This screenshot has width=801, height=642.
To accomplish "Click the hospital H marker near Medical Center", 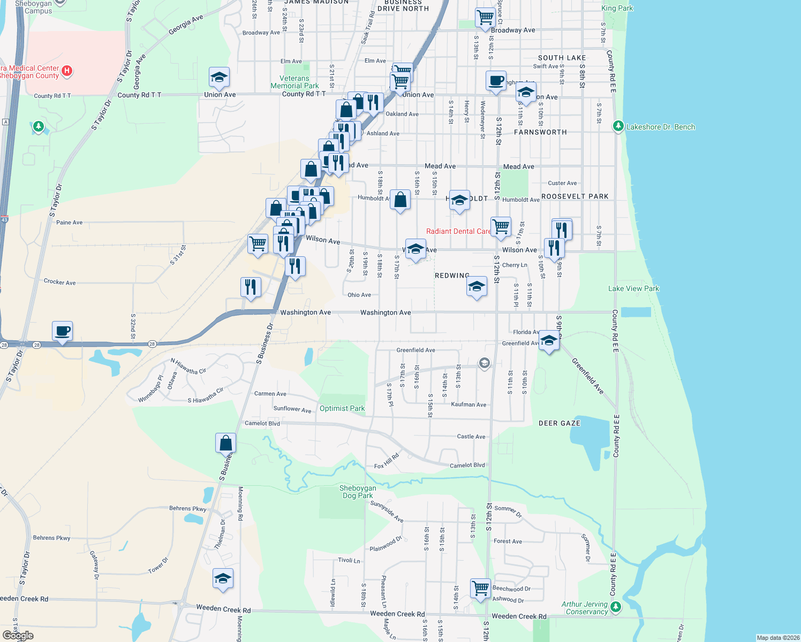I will pyautogui.click(x=67, y=71).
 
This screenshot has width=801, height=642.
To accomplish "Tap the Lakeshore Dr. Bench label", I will pyautogui.click(x=660, y=127).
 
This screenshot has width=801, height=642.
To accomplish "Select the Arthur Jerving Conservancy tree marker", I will pyautogui.click(x=616, y=607).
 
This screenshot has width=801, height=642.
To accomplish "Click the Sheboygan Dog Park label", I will pyautogui.click(x=358, y=492).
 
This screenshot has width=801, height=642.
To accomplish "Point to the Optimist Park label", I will pyautogui.click(x=342, y=408).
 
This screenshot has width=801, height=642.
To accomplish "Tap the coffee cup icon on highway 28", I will pyautogui.click(x=63, y=331).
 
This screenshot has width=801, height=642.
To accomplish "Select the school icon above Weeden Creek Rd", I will pyautogui.click(x=223, y=578).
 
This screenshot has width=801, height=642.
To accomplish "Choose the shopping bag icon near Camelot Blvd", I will pyautogui.click(x=226, y=443).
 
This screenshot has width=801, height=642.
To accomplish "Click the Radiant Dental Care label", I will pyautogui.click(x=458, y=231).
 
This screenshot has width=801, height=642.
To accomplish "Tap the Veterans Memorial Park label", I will pyautogui.click(x=294, y=82).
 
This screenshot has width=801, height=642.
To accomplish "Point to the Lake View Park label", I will pyautogui.click(x=633, y=288).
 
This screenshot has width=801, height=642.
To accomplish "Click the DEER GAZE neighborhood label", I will pyautogui.click(x=559, y=423).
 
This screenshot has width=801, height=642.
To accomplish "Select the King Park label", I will pyautogui.click(x=617, y=8).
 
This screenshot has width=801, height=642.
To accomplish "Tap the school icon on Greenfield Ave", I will pyautogui.click(x=549, y=340).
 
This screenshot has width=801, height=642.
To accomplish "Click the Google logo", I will pyautogui.click(x=18, y=636).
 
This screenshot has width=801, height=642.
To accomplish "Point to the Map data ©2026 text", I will pyautogui.click(x=777, y=638).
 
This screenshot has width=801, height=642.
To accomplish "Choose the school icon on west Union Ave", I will pyautogui.click(x=219, y=78).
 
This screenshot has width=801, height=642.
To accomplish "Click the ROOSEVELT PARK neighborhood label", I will pyautogui.click(x=575, y=196).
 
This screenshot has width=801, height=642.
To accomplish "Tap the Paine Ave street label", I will pyautogui.click(x=70, y=223).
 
